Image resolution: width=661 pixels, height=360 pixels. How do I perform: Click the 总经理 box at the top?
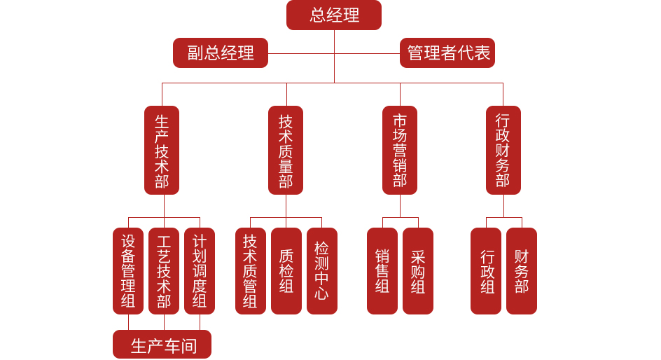click(334, 15)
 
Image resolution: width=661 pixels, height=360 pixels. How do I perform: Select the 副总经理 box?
click(221, 53)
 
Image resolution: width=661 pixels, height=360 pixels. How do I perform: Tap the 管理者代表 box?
click(447, 53)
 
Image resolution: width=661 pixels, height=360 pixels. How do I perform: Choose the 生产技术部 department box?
click(162, 150)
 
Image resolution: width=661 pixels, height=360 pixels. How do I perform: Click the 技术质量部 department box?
click(286, 150)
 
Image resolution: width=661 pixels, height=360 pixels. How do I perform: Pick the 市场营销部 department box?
click(400, 150)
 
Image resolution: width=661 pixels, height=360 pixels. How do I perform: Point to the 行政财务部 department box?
click(503, 150)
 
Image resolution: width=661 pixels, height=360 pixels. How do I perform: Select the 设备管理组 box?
click(128, 271)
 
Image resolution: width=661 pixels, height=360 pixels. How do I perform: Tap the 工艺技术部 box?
click(164, 271)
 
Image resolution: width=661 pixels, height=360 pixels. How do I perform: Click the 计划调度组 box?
click(200, 271)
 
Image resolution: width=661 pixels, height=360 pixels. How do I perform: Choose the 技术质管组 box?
click(250, 271)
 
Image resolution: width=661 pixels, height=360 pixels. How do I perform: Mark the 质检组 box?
click(286, 271)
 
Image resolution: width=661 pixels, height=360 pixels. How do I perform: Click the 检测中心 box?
click(321, 271)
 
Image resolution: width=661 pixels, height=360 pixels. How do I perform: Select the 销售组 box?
click(382, 271)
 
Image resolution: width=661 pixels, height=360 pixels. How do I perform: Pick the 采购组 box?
click(418, 271)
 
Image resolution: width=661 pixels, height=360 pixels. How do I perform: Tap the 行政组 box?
click(486, 271)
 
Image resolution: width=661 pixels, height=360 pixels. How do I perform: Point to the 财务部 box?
click(522, 271)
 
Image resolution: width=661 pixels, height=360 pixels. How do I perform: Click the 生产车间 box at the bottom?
click(162, 345)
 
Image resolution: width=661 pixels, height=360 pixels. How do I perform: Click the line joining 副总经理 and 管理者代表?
click(301, 53)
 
